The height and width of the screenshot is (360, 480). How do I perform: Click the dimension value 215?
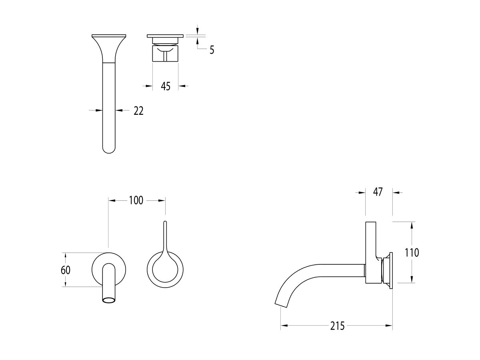(338, 326)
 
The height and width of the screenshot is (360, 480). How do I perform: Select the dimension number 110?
(412, 252)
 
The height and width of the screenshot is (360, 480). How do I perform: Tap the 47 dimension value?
(378, 192)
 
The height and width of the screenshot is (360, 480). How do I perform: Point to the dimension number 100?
(136, 200)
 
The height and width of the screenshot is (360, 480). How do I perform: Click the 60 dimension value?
(66, 270)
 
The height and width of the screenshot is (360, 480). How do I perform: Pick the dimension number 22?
(138, 111)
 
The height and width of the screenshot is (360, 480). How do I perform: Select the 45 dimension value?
(166, 86)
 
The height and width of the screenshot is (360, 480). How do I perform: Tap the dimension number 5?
(212, 50)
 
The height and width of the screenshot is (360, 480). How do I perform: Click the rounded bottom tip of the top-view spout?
(109, 152)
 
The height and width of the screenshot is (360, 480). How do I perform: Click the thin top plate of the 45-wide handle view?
(165, 36)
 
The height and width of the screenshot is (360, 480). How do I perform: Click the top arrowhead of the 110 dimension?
(412, 224)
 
